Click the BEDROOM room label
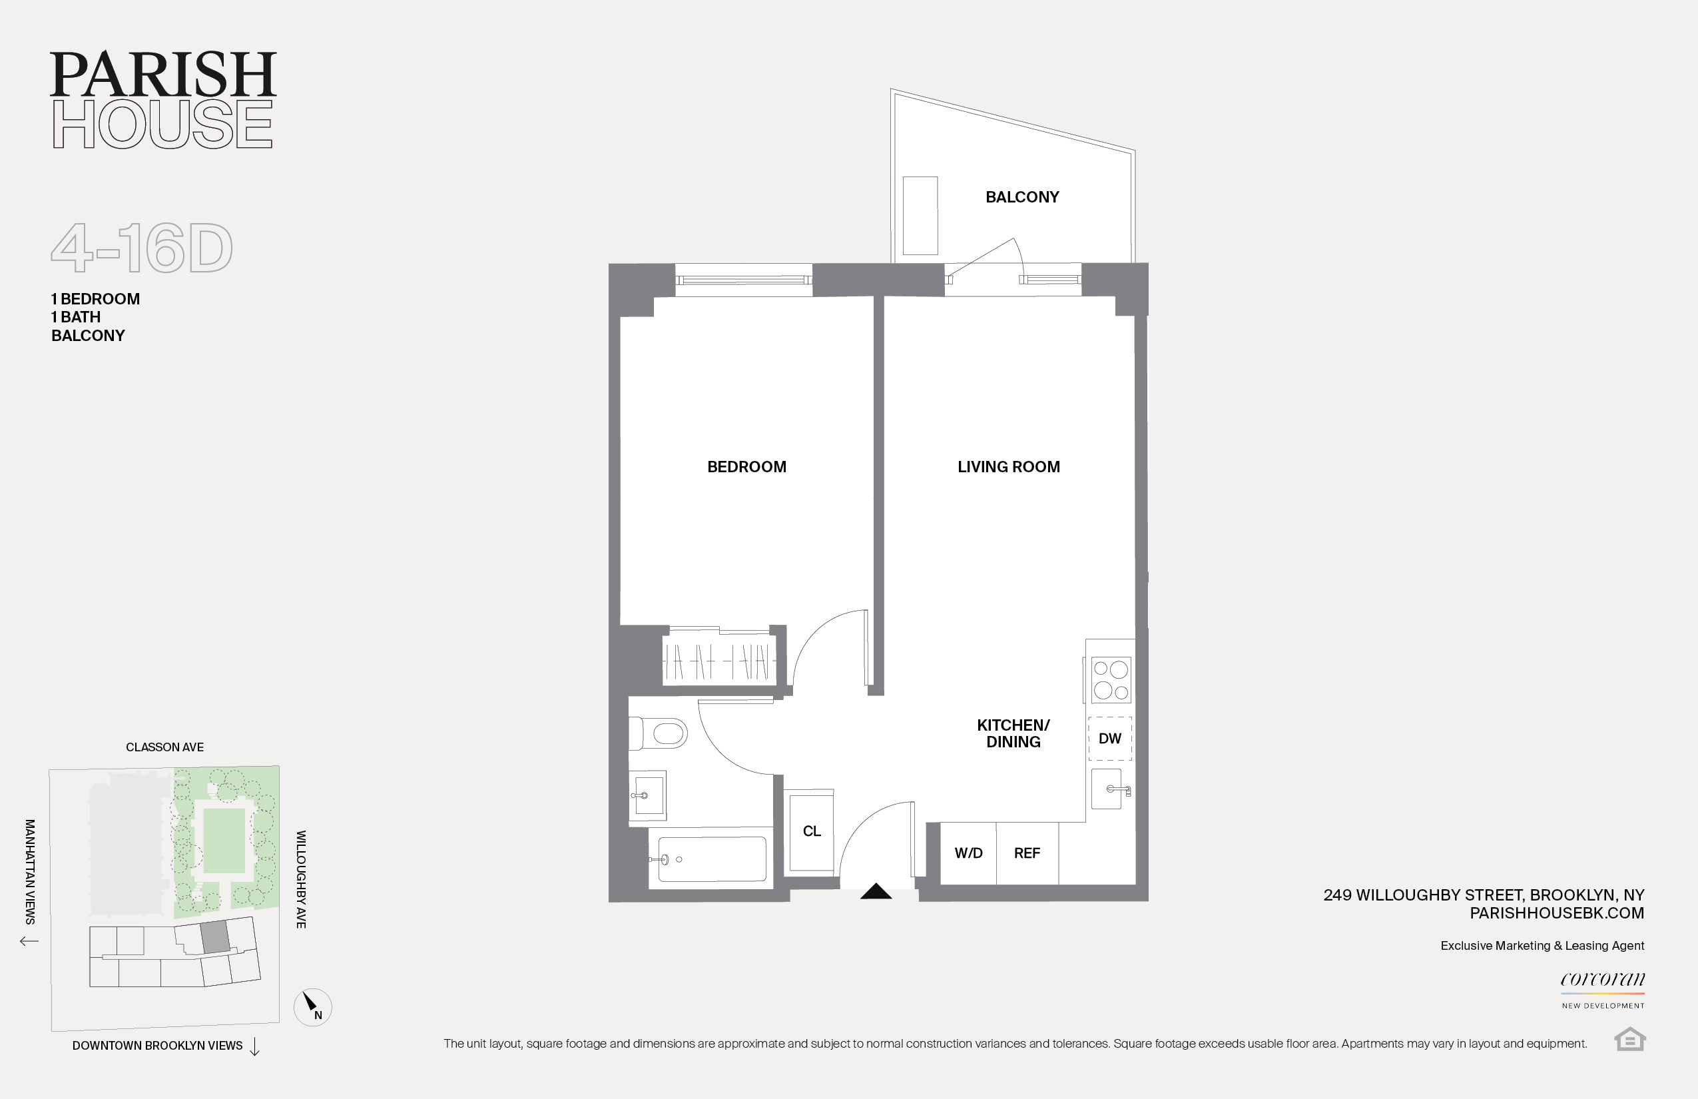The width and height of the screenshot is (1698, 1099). tap(746, 467)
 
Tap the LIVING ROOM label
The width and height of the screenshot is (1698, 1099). tap(1008, 467)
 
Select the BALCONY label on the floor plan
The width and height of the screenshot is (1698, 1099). tap(1021, 197)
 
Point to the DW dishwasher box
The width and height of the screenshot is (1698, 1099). tap(1109, 739)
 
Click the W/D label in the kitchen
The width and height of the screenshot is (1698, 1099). tap(968, 853)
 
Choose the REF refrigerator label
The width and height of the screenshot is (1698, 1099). tap(1027, 853)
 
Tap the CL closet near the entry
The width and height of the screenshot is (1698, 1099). tap(811, 831)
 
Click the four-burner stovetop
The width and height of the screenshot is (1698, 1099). tap(1110, 679)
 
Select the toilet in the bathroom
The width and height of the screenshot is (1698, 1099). tap(660, 733)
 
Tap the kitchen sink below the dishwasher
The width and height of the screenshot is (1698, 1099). tap(1107, 789)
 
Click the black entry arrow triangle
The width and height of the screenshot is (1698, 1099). tap(876, 891)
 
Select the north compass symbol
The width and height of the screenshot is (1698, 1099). tap(312, 1007)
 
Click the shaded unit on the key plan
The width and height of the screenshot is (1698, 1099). tap(214, 937)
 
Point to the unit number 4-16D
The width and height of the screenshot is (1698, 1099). tap(142, 248)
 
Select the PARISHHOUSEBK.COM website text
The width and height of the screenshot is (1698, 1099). tap(1556, 913)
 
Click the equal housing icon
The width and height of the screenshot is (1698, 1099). tap(1629, 1039)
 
